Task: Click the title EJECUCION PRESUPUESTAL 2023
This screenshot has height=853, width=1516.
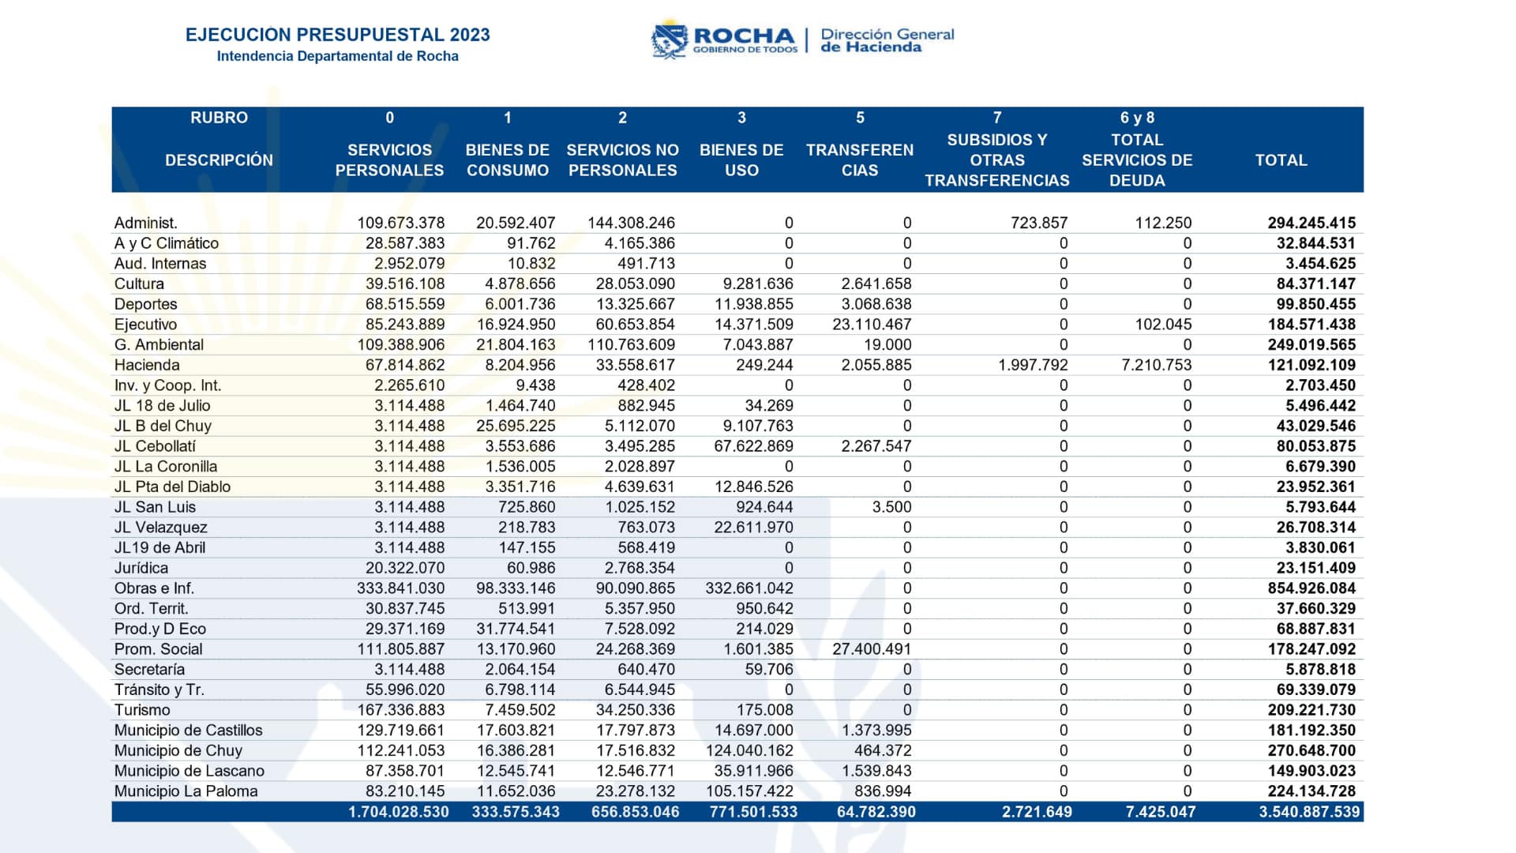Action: pyautogui.click(x=337, y=35)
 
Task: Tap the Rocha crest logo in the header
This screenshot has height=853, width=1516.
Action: pyautogui.click(x=669, y=39)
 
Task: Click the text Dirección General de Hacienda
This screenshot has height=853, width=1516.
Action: pyautogui.click(x=887, y=40)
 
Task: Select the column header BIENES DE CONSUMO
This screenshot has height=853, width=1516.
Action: pyautogui.click(x=507, y=160)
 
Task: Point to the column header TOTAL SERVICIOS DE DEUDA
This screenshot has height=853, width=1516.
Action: pyautogui.click(x=1137, y=160)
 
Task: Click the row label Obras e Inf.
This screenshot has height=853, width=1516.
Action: pyautogui.click(x=154, y=588)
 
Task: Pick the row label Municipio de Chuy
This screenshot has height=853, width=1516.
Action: pyautogui.click(x=178, y=750)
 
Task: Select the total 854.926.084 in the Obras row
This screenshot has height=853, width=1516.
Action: pyautogui.click(x=1311, y=588)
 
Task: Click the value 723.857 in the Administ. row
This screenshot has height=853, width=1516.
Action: pyautogui.click(x=1038, y=223)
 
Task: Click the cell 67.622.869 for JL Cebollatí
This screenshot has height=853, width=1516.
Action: pyautogui.click(x=753, y=446)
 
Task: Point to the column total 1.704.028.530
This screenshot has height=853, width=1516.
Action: pyautogui.click(x=398, y=812)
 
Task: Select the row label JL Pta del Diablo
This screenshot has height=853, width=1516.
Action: pyautogui.click(x=172, y=487)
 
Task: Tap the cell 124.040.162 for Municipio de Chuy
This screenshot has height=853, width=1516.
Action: pyautogui.click(x=749, y=750)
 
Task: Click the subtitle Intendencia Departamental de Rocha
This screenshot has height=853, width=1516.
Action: pyautogui.click(x=337, y=56)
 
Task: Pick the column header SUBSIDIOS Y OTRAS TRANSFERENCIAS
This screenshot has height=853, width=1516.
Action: pyautogui.click(x=996, y=160)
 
